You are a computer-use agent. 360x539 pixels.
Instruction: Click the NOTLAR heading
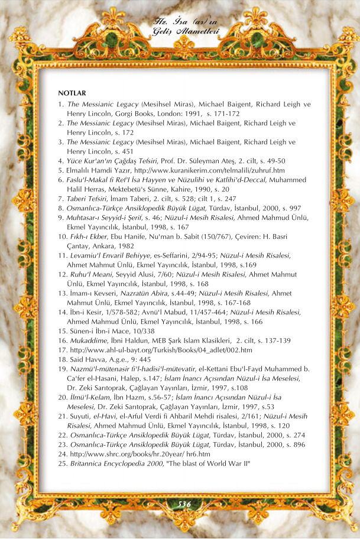coord(72,93)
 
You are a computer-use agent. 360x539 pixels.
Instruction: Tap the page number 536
coord(180,504)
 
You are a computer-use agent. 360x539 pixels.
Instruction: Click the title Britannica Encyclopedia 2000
coord(113,463)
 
